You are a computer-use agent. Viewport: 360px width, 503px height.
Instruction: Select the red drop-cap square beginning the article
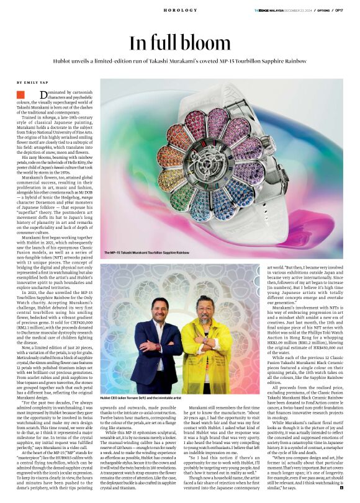click(20, 94)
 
